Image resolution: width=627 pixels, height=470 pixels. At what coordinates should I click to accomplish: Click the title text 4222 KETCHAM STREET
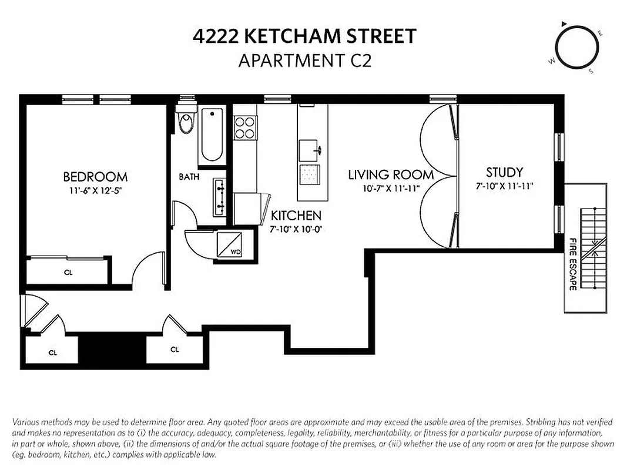click(304, 36)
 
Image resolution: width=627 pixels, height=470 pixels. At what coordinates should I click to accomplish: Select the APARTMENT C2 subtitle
click(304, 61)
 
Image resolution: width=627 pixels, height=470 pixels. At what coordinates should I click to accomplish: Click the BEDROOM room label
click(95, 176)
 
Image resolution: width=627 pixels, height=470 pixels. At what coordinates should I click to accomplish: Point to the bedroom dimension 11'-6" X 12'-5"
click(95, 190)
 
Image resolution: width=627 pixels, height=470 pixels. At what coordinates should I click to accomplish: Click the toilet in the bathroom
click(186, 122)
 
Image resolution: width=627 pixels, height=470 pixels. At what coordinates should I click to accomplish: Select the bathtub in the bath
click(211, 136)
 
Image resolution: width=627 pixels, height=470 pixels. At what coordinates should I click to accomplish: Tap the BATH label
click(189, 176)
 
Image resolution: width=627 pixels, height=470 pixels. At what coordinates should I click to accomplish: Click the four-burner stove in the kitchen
click(245, 127)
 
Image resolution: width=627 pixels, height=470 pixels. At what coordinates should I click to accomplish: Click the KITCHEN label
click(296, 215)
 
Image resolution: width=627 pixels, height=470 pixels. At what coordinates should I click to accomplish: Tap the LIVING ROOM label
click(391, 174)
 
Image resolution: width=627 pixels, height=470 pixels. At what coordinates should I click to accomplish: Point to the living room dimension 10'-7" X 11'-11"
click(391, 189)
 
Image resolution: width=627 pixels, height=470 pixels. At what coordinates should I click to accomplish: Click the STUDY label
click(504, 172)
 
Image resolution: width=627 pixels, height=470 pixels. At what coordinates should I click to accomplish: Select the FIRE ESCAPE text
click(572, 264)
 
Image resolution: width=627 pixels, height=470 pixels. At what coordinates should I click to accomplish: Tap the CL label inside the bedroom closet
click(68, 272)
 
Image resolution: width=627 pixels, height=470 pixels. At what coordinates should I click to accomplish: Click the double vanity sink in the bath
click(220, 197)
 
